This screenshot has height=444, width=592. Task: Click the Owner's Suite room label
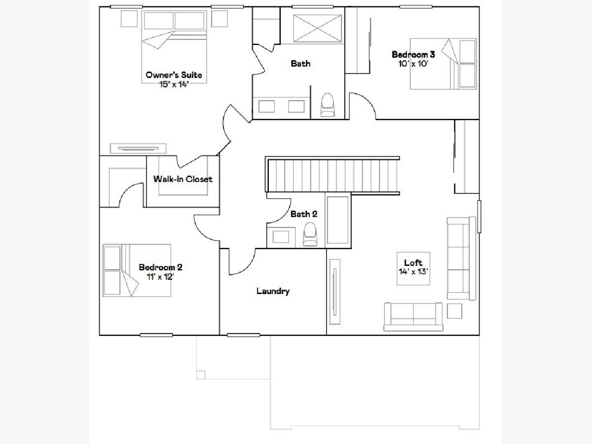click(x=174, y=74)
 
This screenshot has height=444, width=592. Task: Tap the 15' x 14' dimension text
click(x=174, y=84)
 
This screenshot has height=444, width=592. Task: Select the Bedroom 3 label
click(x=413, y=54)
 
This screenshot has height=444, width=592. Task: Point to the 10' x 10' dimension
click(x=413, y=64)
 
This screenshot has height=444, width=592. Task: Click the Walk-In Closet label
click(x=183, y=179)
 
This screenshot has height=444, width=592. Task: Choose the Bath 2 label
click(x=304, y=214)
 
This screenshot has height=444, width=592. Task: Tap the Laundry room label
click(x=273, y=291)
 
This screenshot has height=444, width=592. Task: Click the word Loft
click(x=413, y=262)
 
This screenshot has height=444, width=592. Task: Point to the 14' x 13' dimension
click(x=413, y=271)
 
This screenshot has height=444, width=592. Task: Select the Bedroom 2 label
click(x=160, y=267)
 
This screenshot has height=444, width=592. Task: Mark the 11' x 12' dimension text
click(x=160, y=277)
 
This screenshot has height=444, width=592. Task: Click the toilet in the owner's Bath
click(x=328, y=105)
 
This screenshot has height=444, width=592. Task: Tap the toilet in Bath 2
click(x=310, y=234)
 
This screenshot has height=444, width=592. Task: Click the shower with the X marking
click(x=317, y=28)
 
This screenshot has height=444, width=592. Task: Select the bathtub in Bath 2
click(x=337, y=220)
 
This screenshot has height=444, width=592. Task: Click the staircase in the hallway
click(x=333, y=176)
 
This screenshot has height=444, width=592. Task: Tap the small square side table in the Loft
click(x=454, y=311)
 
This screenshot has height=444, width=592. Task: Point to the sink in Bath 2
click(x=281, y=237)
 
